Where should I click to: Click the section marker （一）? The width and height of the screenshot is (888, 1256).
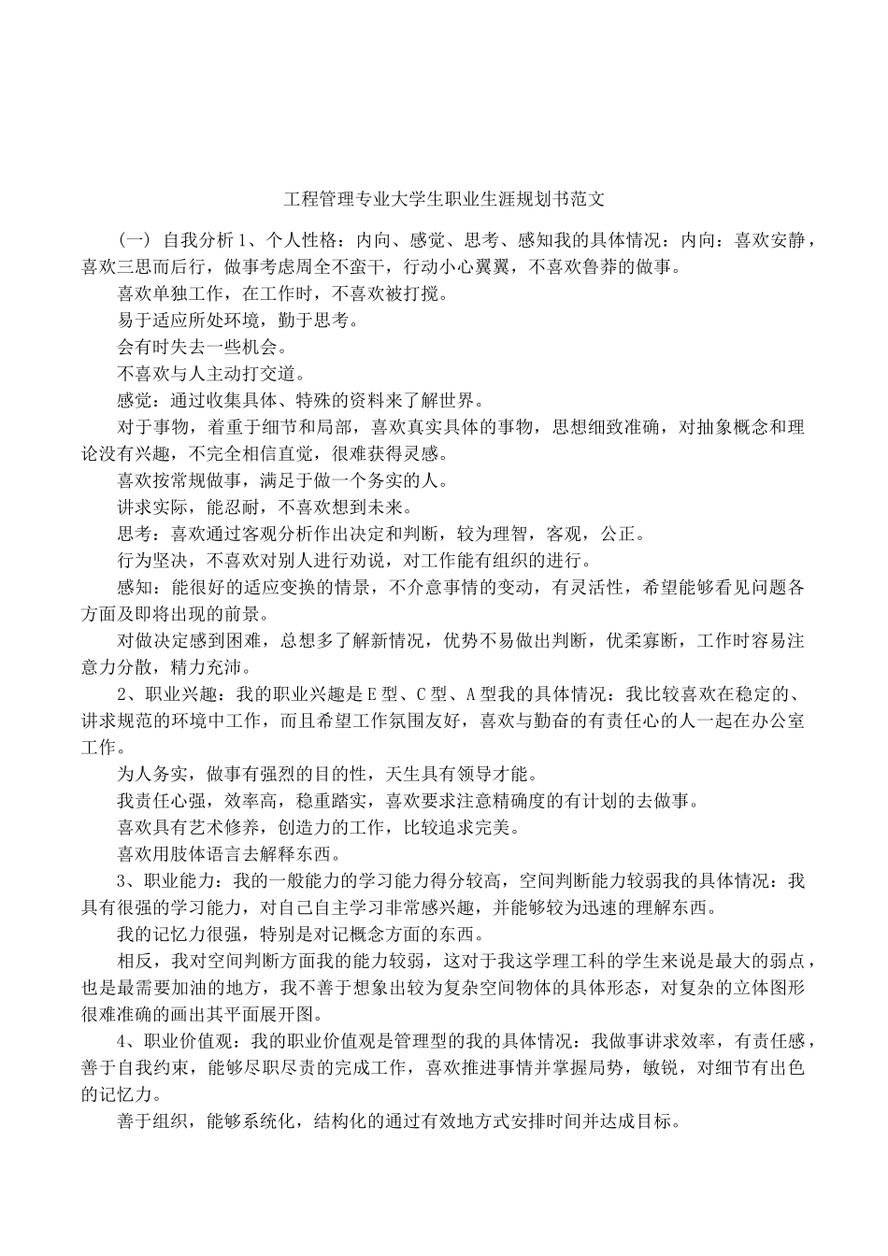[133, 240]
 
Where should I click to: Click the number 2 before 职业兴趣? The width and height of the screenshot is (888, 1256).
[122, 694]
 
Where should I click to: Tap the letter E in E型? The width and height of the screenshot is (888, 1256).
[370, 694]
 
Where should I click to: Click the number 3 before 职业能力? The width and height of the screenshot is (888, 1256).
[122, 881]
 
